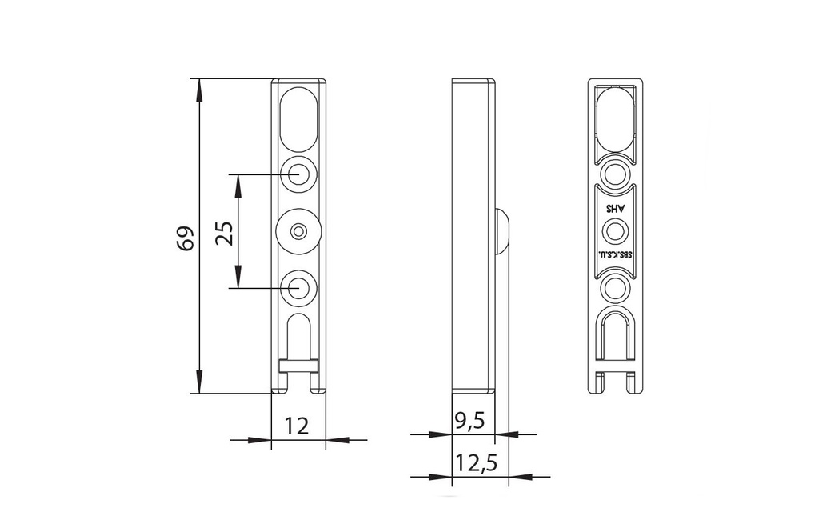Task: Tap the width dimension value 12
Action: point(297,426)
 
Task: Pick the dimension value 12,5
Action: point(476,462)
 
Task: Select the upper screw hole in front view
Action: point(298,174)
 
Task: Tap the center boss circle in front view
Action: point(298,231)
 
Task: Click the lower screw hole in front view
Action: point(298,287)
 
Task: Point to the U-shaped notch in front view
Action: point(298,336)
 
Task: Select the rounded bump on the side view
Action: point(502,232)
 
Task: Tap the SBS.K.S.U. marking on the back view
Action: point(616,256)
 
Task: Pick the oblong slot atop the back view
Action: point(615,118)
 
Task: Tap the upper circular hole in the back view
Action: point(615,174)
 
